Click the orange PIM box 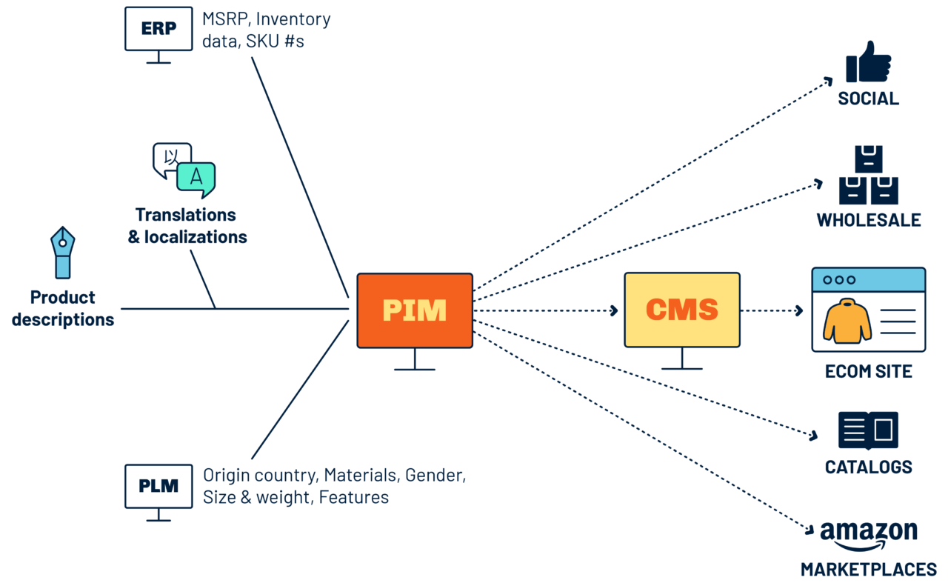pos(415,310)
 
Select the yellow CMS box pos(681,309)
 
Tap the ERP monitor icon pos(158,30)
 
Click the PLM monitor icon pos(158,487)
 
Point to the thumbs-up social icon pos(868,63)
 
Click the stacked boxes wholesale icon pos(868,176)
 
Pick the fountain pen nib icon pos(62,252)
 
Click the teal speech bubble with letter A pos(196,179)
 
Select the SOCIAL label pos(868,99)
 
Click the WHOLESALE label pos(868,220)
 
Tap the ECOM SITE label pos(868,371)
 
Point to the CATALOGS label pos(868,467)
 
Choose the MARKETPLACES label pos(868,570)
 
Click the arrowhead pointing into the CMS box pos(614,310)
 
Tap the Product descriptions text pos(63,309)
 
